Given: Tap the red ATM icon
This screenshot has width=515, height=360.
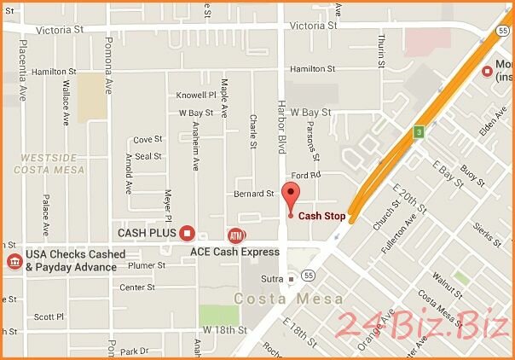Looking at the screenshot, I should click(x=234, y=235).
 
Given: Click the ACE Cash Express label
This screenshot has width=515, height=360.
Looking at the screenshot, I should click(x=234, y=252).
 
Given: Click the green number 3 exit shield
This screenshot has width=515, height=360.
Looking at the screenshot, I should click(x=419, y=131).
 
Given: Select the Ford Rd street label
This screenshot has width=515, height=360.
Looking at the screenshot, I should click(x=308, y=175).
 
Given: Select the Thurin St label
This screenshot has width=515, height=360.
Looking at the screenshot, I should click(x=381, y=48).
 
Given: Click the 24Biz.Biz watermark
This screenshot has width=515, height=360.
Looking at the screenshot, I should click(x=423, y=325).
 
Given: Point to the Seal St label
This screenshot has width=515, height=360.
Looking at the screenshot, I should click(x=148, y=156).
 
